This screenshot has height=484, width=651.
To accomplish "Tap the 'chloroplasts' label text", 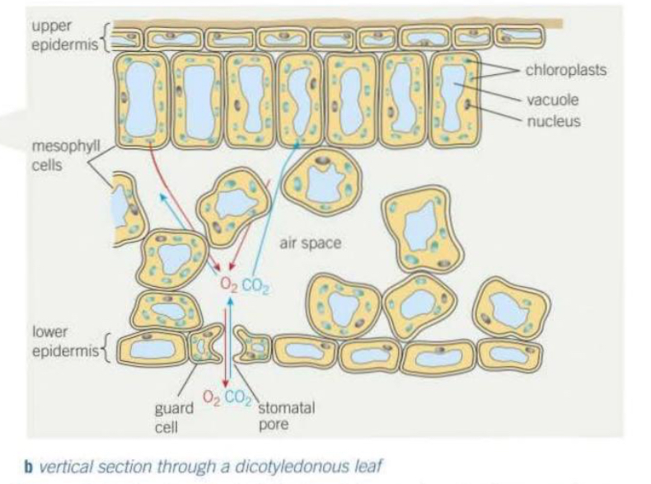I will (x=566, y=71).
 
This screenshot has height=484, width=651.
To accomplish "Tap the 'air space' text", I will (x=328, y=244).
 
